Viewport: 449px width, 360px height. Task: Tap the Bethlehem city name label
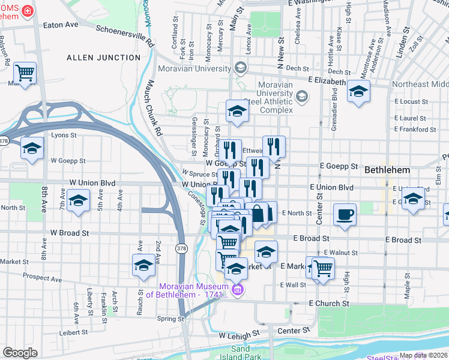pos(387,170)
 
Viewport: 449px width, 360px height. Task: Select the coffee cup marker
pos(345,215)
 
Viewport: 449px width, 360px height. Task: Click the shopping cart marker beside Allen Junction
pos(25,73)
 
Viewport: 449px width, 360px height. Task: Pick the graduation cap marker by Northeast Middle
pos(359,92)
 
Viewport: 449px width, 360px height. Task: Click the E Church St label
pos(329,304)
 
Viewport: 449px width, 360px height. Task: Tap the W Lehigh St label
pos(239,334)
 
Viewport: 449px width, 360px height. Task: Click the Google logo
pos(20,353)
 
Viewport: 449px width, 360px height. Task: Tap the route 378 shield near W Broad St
pos(181,247)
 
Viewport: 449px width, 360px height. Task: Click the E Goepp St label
pos(339,166)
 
